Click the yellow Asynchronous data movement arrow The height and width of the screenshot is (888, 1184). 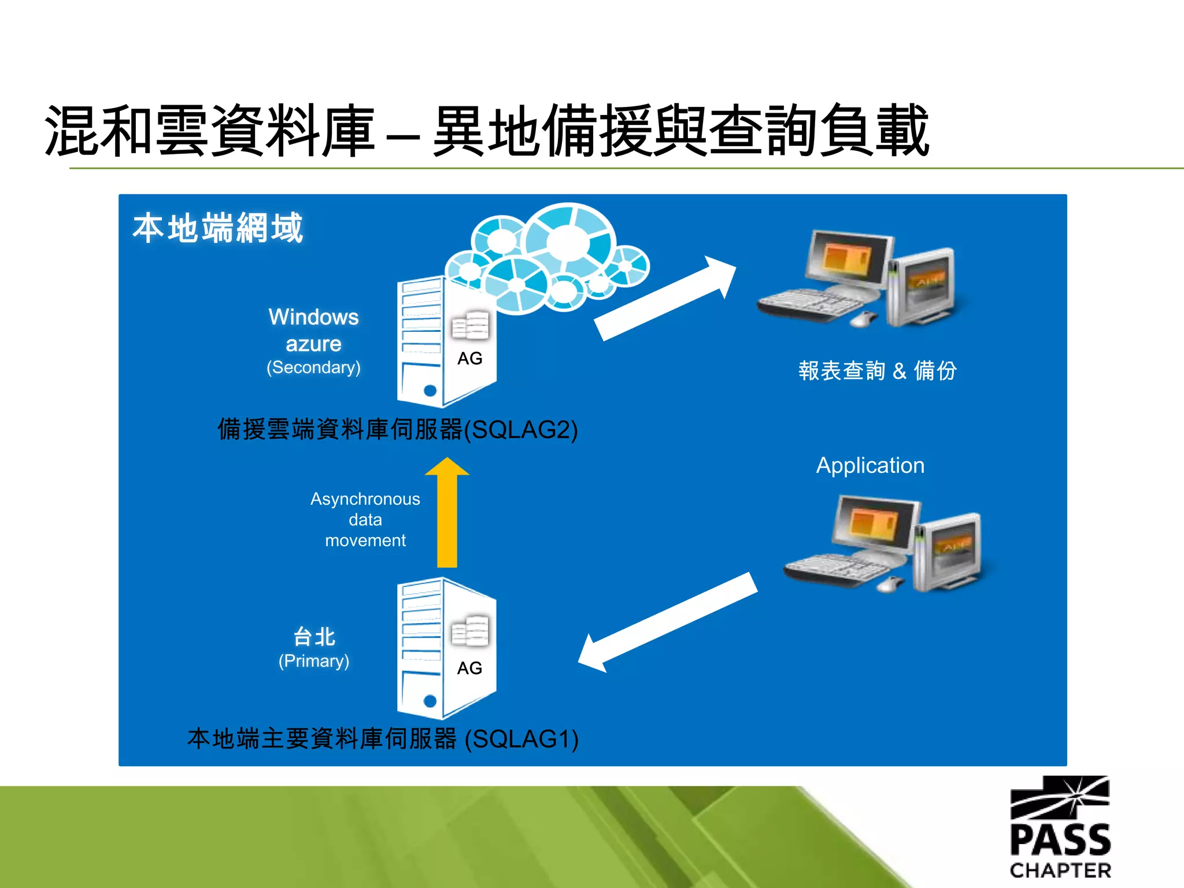pos(447,515)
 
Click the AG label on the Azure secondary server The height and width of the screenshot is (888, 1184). pos(469,358)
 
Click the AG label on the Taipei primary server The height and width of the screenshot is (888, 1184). pos(469,668)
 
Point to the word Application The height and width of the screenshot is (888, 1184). pos(870,465)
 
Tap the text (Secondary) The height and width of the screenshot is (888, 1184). pos(313,368)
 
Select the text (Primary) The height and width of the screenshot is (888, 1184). pos(314,661)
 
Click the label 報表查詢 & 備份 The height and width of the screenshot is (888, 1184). pos(877,371)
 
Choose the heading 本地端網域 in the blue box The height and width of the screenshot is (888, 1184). pos(217,228)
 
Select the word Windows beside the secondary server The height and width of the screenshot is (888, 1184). pos(313,317)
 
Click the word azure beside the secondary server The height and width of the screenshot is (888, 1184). pos(313,344)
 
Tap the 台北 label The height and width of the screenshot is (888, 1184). pos(314,637)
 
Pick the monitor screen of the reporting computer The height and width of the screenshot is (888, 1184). pos(848,257)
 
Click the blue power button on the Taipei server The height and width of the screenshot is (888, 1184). pos(430,701)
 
